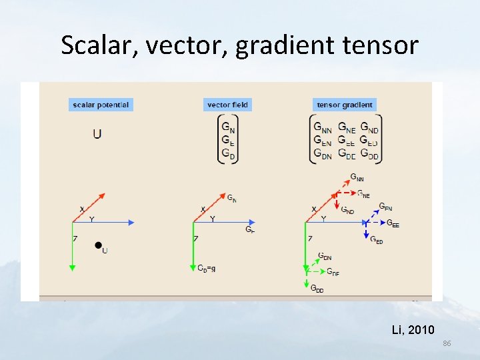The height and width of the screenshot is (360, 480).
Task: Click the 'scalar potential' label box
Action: pos(100,105)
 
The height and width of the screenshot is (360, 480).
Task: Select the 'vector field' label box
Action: pos(227,105)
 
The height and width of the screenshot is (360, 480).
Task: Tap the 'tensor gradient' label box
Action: pos(345,105)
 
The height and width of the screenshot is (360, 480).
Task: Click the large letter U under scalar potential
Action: pos(97,134)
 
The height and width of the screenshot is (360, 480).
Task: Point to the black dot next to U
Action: pos(98,246)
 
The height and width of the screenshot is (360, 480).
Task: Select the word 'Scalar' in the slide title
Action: pos(97,45)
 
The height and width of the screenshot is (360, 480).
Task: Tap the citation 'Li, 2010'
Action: pos(413,329)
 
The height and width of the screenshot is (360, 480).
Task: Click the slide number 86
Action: pos(447,343)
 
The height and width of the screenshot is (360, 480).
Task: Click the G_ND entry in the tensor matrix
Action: pos(369,127)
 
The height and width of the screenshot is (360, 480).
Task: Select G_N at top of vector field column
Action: pos(228,127)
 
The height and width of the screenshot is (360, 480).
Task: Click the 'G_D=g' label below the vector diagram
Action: pos(206,268)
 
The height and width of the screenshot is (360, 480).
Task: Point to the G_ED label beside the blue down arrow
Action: pos(377,240)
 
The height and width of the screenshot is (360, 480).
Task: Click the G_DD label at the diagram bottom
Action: pos(317,289)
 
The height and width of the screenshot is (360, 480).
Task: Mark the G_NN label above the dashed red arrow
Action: pos(357,178)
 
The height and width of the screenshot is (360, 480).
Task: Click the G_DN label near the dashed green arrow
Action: pos(325,256)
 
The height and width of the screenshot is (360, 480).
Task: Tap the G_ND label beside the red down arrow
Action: pos(347,209)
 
